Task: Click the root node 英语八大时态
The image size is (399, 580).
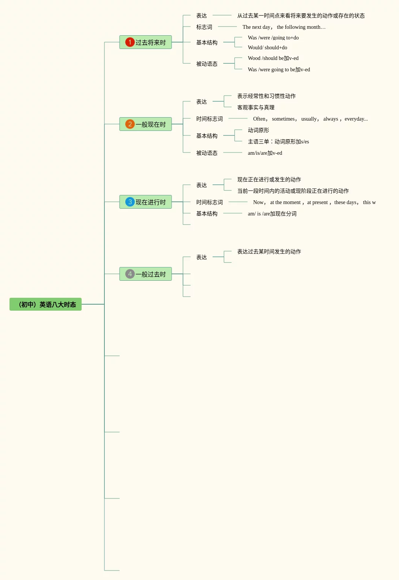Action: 46,304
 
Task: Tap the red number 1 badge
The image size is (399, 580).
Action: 130,42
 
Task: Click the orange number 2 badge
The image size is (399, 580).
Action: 130,124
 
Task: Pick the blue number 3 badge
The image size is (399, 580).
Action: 130,202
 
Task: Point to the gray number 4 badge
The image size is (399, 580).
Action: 130,274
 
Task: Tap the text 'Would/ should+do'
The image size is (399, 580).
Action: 267,47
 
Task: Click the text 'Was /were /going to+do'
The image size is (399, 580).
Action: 273,38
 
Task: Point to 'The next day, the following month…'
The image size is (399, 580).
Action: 284,27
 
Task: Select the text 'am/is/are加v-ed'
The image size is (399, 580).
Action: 265,153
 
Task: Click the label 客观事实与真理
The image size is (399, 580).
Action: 255,107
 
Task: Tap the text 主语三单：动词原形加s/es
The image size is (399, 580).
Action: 278,141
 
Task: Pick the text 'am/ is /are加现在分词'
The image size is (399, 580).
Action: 272,214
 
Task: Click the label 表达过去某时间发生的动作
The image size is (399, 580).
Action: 269,251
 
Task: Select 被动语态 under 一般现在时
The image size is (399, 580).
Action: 207,153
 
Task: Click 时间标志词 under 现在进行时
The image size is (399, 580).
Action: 209,202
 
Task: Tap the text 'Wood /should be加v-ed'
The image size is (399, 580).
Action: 273,58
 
